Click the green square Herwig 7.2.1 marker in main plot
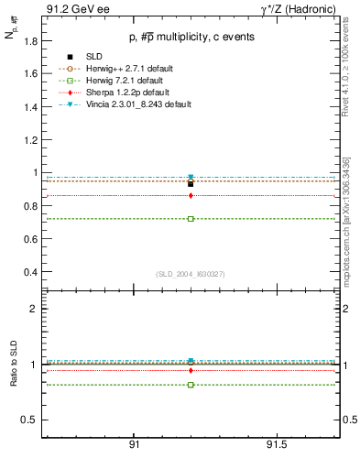point(191,219)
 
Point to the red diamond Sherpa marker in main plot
point(191,195)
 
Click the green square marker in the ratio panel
point(191,385)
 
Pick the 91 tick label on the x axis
point(134,444)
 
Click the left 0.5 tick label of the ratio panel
point(30,420)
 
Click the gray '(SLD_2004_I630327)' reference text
point(191,275)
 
